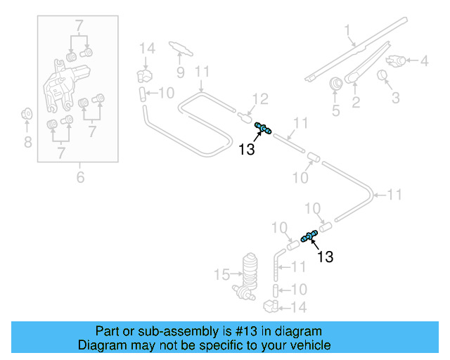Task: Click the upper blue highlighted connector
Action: [x=265, y=128]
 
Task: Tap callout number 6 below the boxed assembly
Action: [x=80, y=177]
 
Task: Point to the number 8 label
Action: [x=27, y=143]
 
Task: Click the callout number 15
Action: [x=223, y=273]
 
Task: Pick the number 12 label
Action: [x=260, y=99]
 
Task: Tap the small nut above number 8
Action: [x=27, y=113]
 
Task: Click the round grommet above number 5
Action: [x=336, y=83]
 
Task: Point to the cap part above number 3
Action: [x=384, y=75]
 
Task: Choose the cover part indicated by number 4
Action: [x=397, y=60]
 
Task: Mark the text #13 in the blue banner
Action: [x=238, y=330]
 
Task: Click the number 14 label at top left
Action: [x=146, y=49]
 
